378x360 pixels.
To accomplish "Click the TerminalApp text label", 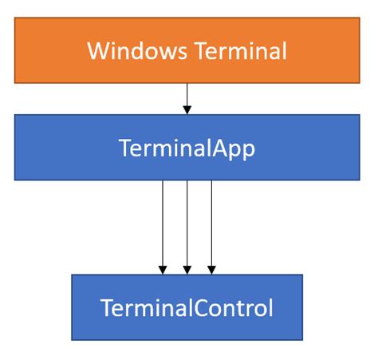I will [x=187, y=148].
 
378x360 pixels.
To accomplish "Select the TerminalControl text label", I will [x=187, y=307].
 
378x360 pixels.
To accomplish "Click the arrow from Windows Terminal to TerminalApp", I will [x=187, y=97].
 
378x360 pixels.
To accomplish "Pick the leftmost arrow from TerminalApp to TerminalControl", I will [x=163, y=224].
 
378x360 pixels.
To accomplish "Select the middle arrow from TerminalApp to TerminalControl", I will [x=187, y=224].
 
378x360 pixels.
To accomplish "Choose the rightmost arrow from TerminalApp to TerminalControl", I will [x=211, y=224].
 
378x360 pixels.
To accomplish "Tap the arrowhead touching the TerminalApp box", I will [x=187, y=109].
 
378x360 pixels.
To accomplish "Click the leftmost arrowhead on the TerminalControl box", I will [x=163, y=270].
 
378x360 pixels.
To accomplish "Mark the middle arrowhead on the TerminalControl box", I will [x=187, y=270].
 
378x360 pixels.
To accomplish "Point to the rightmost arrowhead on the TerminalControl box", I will [x=211, y=270].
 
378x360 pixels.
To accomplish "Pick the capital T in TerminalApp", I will [x=124, y=148].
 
